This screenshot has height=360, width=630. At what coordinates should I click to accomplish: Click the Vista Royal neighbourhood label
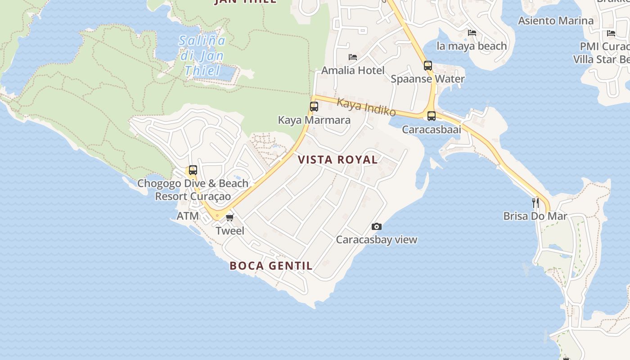(x=337, y=160)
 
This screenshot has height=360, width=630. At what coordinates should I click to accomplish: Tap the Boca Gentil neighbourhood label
(x=271, y=265)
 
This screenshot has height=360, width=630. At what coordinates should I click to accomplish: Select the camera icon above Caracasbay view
(x=377, y=226)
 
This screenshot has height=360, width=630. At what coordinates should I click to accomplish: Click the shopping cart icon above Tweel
(x=230, y=218)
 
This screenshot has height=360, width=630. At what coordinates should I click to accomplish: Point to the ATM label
(x=188, y=216)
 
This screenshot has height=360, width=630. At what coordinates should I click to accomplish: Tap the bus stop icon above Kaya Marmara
(x=314, y=107)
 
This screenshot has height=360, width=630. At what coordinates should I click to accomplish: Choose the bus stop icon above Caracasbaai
(x=432, y=116)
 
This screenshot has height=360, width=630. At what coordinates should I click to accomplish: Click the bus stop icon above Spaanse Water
(x=427, y=66)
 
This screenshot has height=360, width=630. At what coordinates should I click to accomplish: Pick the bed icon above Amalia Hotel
(x=353, y=57)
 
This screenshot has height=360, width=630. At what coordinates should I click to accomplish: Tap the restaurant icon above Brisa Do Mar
(x=535, y=202)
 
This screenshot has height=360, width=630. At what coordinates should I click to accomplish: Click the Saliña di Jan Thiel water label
(x=202, y=56)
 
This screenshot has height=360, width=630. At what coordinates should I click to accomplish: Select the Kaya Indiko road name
(x=366, y=107)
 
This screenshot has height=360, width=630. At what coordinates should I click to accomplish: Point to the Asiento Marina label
(x=555, y=21)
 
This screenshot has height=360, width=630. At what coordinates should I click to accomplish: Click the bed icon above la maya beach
(x=472, y=32)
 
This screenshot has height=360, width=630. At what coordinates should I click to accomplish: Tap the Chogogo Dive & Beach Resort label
(x=193, y=190)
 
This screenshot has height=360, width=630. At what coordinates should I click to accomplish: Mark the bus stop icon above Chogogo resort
(x=193, y=170)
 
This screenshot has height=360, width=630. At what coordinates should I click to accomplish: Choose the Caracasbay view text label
(x=377, y=240)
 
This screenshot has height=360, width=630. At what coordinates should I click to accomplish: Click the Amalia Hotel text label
(x=353, y=71)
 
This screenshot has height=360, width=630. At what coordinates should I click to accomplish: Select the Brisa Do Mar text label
(x=535, y=216)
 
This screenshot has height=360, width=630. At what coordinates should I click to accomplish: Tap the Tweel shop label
(x=230, y=231)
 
